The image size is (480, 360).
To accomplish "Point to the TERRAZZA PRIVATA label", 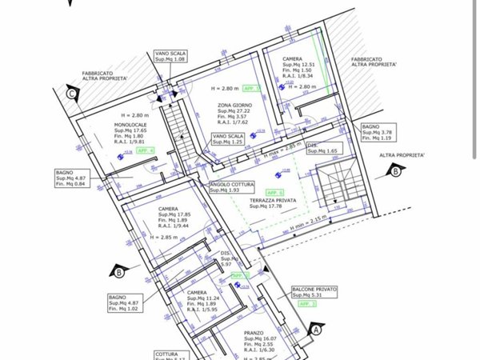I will point(270,202).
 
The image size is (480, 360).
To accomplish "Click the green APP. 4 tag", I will point(146,150).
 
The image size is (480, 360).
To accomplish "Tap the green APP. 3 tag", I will point(307,304).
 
